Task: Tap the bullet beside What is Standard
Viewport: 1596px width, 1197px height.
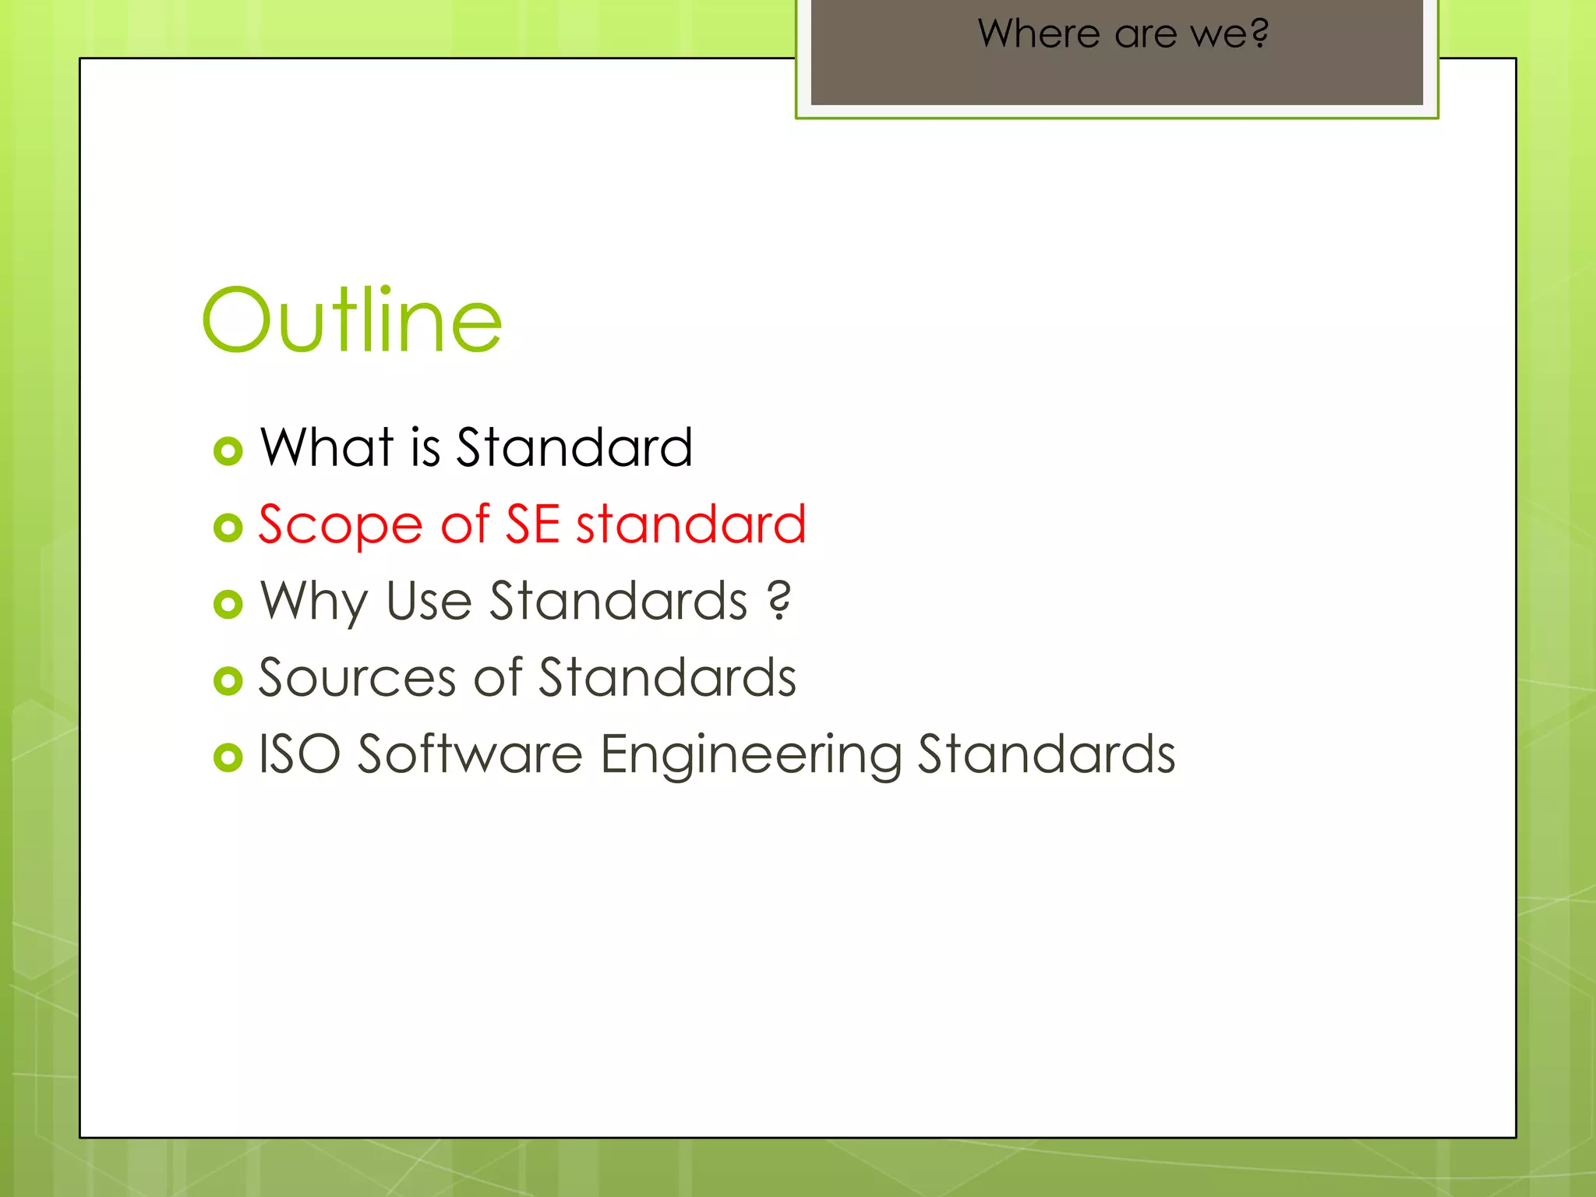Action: click(x=228, y=451)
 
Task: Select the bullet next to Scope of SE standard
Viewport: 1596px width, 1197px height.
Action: click(x=228, y=528)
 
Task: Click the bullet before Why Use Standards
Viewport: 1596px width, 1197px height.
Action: click(x=228, y=604)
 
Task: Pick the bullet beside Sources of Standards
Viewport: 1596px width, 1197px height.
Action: click(x=228, y=680)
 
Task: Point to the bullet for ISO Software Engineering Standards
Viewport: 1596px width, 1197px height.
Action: click(x=228, y=757)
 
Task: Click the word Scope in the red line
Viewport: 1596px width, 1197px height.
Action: click(x=341, y=525)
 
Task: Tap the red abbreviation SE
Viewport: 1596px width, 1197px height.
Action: click(x=533, y=524)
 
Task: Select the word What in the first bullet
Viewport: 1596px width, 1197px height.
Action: click(x=327, y=447)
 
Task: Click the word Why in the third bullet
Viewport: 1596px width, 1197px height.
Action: click(x=313, y=602)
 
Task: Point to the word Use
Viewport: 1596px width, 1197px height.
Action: click(x=429, y=602)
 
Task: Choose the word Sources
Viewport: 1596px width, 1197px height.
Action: click(x=357, y=677)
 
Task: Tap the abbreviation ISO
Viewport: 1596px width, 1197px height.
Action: click(x=299, y=754)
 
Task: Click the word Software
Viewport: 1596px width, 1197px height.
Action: click(x=470, y=754)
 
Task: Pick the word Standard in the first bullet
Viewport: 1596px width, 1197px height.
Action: click(x=574, y=447)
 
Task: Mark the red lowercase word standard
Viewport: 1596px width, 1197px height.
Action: click(x=690, y=524)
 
